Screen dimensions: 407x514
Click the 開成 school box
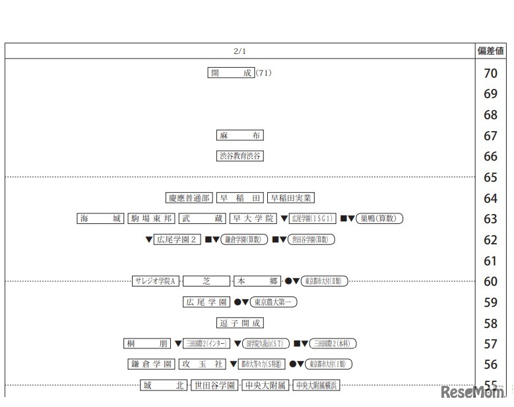point(231,73)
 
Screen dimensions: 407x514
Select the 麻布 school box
point(240,136)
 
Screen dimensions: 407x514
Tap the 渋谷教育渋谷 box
point(240,156)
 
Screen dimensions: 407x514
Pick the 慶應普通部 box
point(189,198)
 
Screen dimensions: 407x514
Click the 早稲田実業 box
point(291,198)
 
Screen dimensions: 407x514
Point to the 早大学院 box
point(253,219)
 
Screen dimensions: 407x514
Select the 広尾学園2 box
point(177,240)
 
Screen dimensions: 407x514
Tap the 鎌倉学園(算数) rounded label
point(244,240)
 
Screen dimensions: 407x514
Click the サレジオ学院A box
point(156,281)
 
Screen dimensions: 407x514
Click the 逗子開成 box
point(240,323)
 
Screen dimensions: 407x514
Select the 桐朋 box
point(147,343)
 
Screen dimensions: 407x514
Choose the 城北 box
point(164,385)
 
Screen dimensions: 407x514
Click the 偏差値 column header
point(490,51)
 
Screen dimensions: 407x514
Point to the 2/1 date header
point(240,51)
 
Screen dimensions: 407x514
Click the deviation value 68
point(490,115)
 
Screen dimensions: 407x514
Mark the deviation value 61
point(490,261)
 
